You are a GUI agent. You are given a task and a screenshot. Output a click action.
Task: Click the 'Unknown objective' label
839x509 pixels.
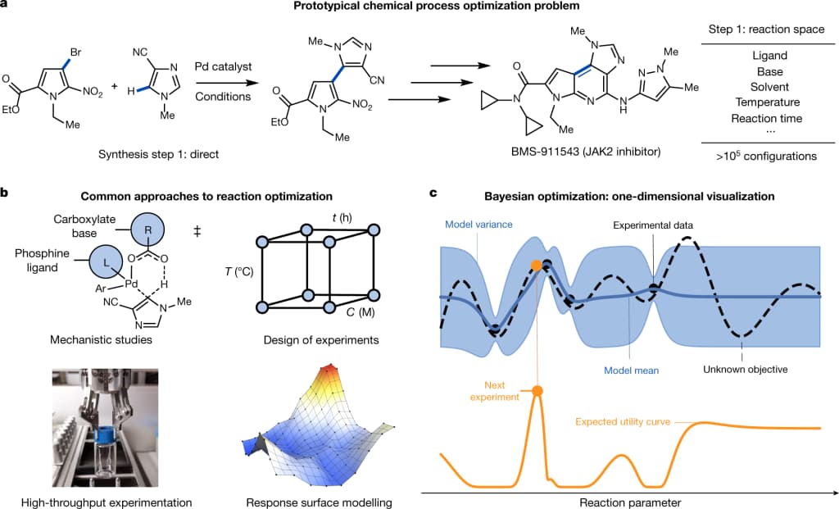pos(745,370)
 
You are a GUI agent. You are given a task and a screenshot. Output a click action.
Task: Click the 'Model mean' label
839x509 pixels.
pos(632,370)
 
